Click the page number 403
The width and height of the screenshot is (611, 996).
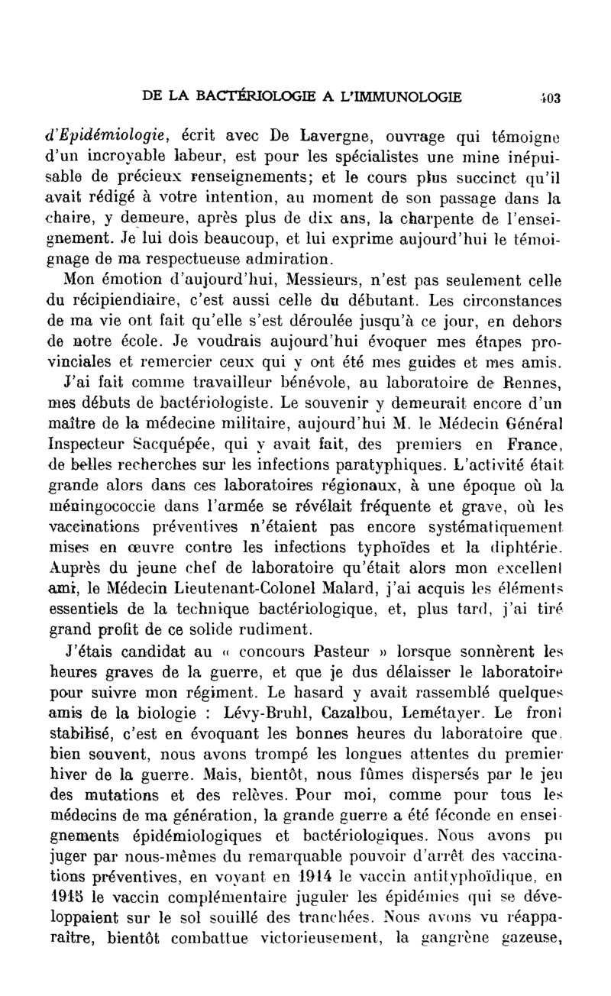(x=550, y=98)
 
